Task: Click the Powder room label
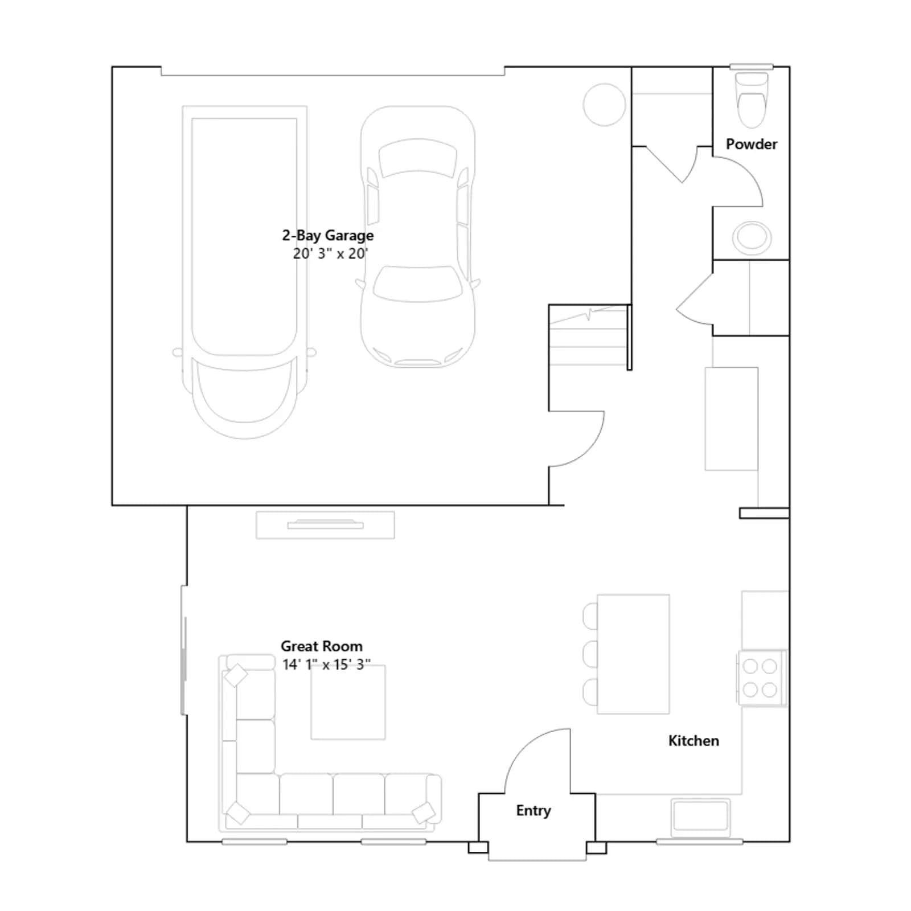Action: pos(751,144)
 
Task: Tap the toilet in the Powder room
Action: pos(752,100)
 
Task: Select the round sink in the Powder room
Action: pos(752,237)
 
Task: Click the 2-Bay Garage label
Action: pos(328,236)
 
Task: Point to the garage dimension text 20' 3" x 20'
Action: pos(330,253)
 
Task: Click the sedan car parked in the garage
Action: pos(418,236)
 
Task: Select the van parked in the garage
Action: pos(244,272)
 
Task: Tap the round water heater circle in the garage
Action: pos(604,105)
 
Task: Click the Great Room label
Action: pos(322,646)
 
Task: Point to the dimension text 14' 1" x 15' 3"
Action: pos(326,664)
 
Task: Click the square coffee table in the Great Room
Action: pos(348,703)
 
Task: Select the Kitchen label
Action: pos(693,741)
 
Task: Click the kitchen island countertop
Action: pos(633,654)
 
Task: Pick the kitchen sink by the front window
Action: pos(700,817)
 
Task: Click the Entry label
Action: pos(534,811)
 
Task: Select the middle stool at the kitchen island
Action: pos(590,654)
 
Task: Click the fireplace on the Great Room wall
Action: pos(325,525)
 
